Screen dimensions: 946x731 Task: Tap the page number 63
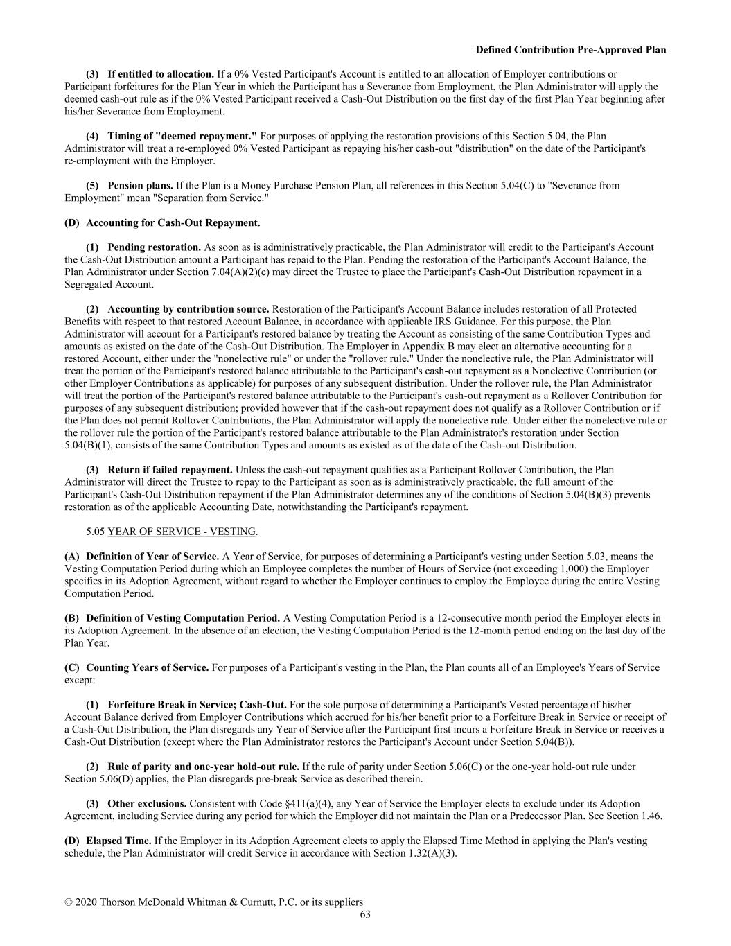tap(365, 914)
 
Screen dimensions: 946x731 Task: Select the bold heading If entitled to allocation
tap(161, 74)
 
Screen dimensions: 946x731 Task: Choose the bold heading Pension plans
tap(140, 186)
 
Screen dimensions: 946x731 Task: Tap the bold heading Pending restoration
tap(154, 247)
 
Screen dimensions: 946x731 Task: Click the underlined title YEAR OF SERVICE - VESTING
tap(182, 532)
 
